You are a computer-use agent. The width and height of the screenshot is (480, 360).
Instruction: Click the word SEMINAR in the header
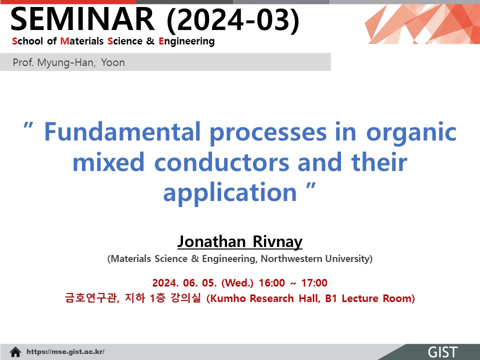pos(82,19)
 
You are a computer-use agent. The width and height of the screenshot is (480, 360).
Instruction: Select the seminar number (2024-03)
pos(233,20)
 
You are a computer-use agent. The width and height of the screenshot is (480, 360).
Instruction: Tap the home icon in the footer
pos(15,351)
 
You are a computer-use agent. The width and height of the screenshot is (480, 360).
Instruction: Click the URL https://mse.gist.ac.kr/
pos(65,351)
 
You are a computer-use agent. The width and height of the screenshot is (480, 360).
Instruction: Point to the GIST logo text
pos(442,352)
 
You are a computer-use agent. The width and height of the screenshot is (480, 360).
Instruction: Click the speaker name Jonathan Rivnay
pos(240,241)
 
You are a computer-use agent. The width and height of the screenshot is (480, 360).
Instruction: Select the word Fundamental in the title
pos(122,131)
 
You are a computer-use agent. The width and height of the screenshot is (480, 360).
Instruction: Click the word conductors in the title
pos(221,162)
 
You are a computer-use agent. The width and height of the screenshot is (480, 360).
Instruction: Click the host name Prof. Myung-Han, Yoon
pos(68,62)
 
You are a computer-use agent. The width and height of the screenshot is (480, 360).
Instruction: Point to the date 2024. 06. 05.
pos(184,282)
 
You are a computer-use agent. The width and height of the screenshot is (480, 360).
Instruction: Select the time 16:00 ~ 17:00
pos(293,282)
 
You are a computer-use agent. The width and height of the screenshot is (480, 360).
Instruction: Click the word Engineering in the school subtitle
pos(186,41)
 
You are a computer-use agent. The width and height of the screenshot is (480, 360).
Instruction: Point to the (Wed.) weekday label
pos(237,282)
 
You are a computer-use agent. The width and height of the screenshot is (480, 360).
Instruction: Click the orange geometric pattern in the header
pos(422,24)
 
